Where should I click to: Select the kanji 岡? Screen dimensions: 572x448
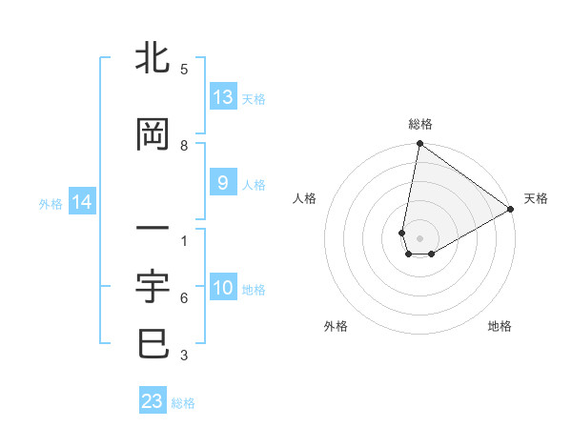153,135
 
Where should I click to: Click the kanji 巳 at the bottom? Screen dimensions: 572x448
153,343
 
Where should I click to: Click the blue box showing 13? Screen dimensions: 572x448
223,97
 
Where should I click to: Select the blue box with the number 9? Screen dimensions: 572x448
223,183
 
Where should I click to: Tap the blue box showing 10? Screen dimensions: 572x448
223,289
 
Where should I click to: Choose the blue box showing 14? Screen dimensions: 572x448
82,202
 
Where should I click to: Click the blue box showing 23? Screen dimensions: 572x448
153,401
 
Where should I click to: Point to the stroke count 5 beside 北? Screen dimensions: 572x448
184,70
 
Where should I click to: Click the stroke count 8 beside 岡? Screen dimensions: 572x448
184,146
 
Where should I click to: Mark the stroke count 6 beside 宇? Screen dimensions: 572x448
184,298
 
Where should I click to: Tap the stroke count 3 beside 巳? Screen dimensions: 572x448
184,356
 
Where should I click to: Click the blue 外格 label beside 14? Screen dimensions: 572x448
51,203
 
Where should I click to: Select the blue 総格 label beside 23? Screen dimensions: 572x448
183,403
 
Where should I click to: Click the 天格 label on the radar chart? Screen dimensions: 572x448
536,198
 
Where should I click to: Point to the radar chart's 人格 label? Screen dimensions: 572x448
304,198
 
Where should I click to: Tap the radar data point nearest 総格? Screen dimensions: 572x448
419,144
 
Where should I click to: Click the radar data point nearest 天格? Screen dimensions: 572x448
511,210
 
